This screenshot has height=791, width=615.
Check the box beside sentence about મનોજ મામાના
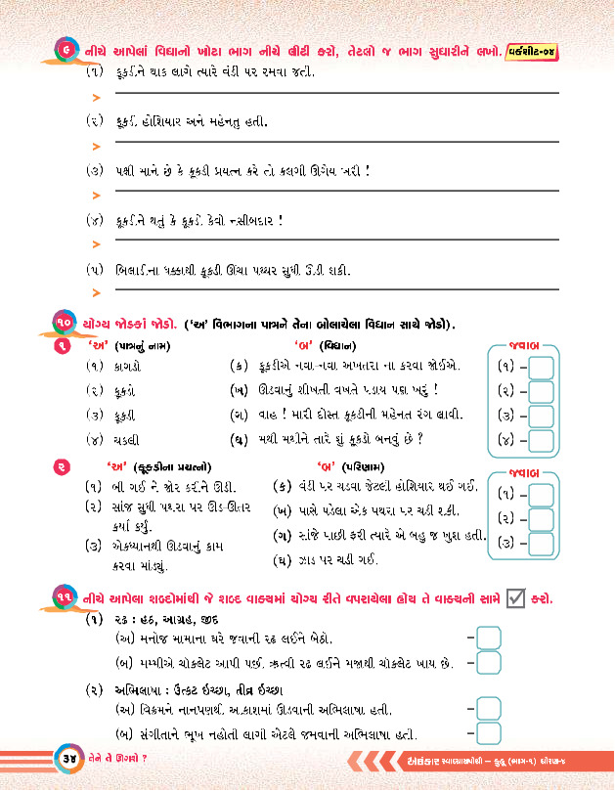point(488,637)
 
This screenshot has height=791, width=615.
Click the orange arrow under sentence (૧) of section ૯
point(96,97)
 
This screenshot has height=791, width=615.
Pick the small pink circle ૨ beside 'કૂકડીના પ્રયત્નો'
point(62,466)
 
